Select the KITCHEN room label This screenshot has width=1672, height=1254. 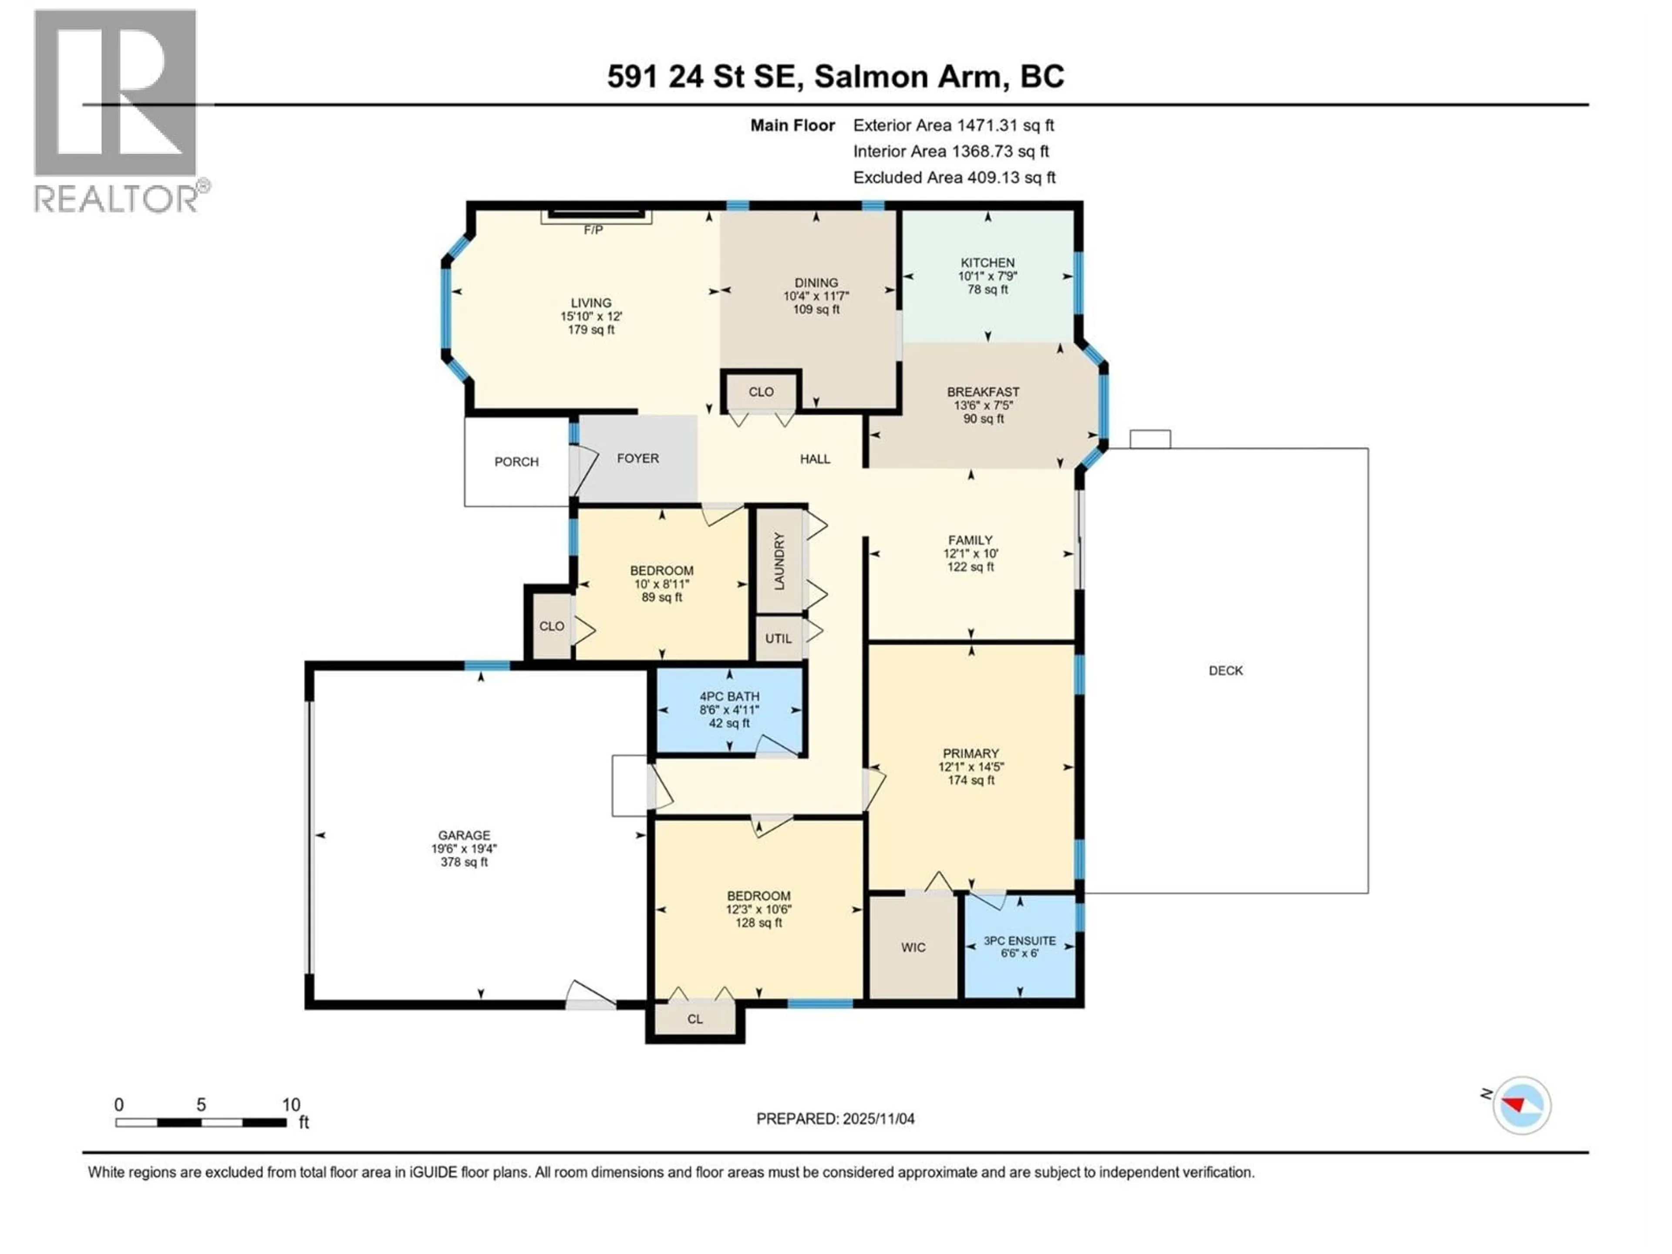click(x=987, y=262)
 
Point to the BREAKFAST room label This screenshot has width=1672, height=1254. click(x=983, y=391)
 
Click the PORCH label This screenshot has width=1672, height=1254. click(x=516, y=461)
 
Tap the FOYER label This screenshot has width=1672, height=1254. click(x=637, y=458)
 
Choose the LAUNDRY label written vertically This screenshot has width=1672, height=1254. click(x=779, y=561)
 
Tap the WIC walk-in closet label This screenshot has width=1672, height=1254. click(x=913, y=947)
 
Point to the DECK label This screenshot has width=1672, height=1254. click(x=1225, y=671)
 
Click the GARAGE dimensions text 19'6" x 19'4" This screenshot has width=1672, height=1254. click(x=464, y=848)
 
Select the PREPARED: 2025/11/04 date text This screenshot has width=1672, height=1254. click(x=835, y=1118)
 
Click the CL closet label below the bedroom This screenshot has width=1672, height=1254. click(x=694, y=1019)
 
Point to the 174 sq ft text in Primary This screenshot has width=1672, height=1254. click(x=971, y=780)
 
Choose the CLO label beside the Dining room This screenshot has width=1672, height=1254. click(x=760, y=391)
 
